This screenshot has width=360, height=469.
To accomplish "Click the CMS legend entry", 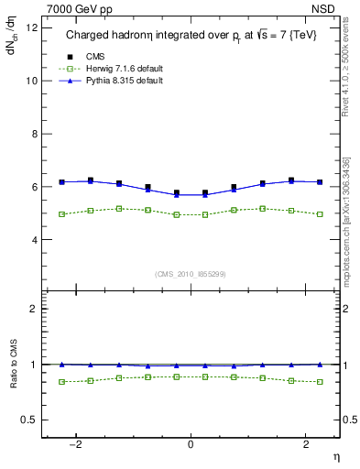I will pos(95,55).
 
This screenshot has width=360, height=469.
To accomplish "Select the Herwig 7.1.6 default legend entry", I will pos(121,68).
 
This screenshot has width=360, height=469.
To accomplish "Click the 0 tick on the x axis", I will pos(191,444).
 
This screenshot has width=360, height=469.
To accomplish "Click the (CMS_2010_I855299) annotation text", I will pos(191,274).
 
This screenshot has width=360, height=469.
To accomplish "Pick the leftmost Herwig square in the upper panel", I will pos(61,214).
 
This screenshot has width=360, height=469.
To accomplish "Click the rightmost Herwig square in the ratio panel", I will pos(320,382).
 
